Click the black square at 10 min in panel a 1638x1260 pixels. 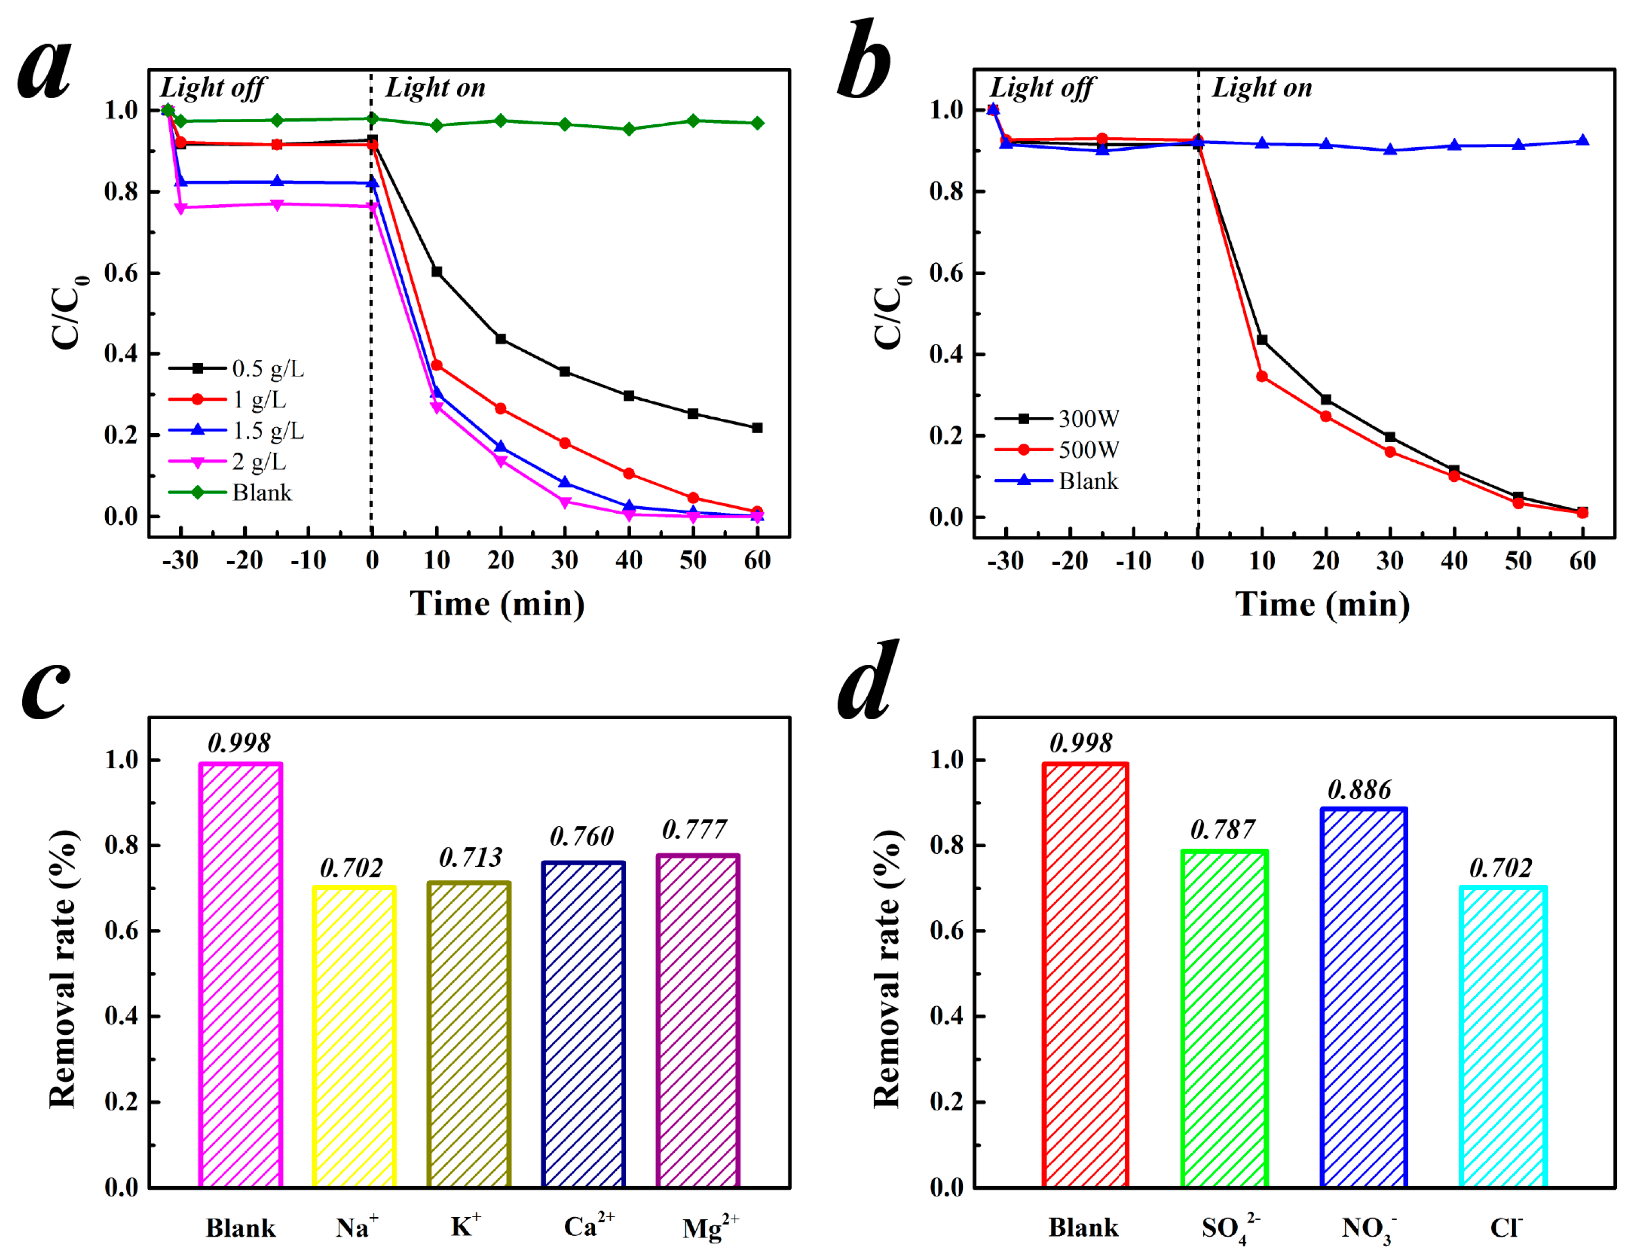[436, 272]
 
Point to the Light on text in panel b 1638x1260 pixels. [1262, 88]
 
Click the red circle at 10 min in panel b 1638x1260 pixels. [1262, 376]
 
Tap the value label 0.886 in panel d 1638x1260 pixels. [1359, 790]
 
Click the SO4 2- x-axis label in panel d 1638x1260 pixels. [1230, 1228]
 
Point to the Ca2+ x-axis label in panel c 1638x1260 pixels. [589, 1226]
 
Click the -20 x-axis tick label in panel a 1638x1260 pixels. [245, 560]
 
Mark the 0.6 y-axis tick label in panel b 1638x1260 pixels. [946, 273]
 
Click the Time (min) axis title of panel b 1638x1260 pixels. [1322, 605]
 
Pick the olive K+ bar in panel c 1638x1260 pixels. [469, 1035]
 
